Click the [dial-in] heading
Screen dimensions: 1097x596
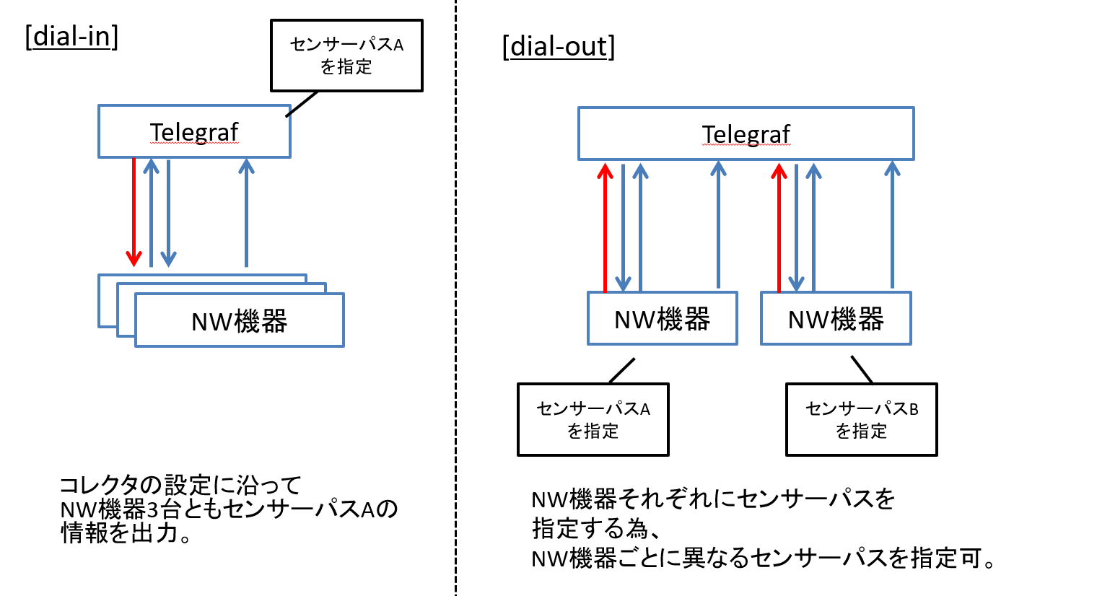pyautogui.click(x=71, y=36)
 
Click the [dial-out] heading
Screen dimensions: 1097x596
pyautogui.click(x=559, y=46)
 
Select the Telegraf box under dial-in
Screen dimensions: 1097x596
pyautogui.click(x=194, y=131)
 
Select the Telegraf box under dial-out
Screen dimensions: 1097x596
pyautogui.click(x=746, y=133)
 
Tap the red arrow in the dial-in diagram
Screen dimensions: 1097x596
pyautogui.click(x=134, y=212)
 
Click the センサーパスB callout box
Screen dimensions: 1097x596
pyautogui.click(x=862, y=420)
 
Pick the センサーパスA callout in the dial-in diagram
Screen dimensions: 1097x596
pyautogui.click(x=346, y=56)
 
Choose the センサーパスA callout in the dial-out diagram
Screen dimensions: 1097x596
pyautogui.click(x=593, y=420)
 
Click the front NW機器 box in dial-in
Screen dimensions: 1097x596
pyautogui.click(x=240, y=320)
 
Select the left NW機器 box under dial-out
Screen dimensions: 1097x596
pyautogui.click(x=662, y=318)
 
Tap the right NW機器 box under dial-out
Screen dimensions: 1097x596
pyautogui.click(x=836, y=318)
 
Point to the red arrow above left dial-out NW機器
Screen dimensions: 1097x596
pyautogui.click(x=606, y=228)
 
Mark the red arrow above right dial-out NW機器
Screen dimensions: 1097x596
pyautogui.click(x=779, y=228)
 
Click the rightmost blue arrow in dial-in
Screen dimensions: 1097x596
pyautogui.click(x=246, y=213)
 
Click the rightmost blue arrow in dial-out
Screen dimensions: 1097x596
pyautogui.click(x=892, y=225)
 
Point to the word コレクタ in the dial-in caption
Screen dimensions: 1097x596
pyautogui.click(x=100, y=486)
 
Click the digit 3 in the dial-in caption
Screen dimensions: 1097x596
pyautogui.click(x=153, y=510)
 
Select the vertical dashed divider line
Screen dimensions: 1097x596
pyautogui.click(x=455, y=298)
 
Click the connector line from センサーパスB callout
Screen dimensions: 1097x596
pyautogui.click(x=862, y=369)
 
